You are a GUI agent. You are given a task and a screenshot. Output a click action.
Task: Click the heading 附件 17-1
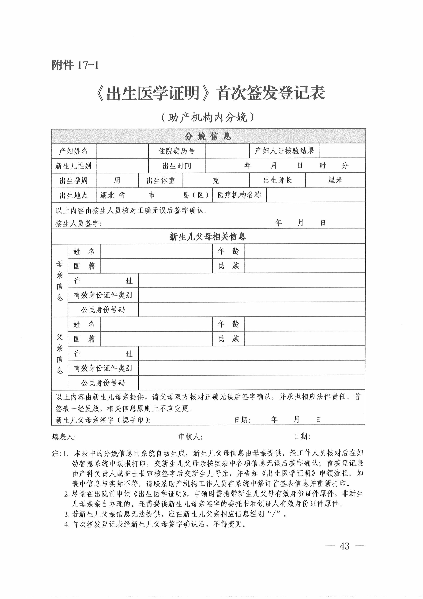[x=75, y=65]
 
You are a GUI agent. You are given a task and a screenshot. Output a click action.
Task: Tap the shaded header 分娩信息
[x=208, y=136]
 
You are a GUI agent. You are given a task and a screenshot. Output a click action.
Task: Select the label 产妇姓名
[x=74, y=151]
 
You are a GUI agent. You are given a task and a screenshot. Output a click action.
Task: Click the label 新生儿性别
[x=74, y=166]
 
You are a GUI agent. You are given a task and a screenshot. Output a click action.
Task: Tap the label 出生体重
[x=161, y=180]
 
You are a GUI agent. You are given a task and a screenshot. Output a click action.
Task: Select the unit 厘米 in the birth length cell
[x=335, y=180]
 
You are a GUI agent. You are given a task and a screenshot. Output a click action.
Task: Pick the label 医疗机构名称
[x=239, y=195]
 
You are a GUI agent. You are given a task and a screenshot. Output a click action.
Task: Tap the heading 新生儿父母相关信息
[x=208, y=237]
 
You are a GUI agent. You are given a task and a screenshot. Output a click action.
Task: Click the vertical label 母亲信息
[x=60, y=280]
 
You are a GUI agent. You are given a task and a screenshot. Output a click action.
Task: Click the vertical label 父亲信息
[x=60, y=353]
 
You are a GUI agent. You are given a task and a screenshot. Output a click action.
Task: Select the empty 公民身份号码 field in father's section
[x=252, y=382]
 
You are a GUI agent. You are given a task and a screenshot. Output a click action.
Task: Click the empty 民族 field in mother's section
[x=305, y=266]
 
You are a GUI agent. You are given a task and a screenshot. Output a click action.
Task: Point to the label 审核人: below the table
[x=190, y=437]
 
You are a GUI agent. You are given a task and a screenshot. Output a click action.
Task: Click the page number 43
[x=345, y=546]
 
